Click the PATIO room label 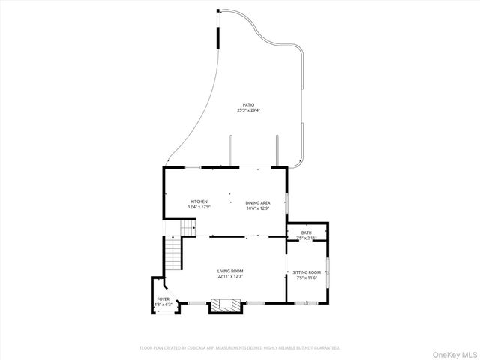click(247, 105)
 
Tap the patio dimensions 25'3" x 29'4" click(247, 110)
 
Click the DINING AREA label click(258, 202)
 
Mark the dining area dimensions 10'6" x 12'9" click(258, 208)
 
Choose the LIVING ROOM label click(230, 271)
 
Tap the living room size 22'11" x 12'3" click(230, 277)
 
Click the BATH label click(307, 233)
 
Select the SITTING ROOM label click(306, 272)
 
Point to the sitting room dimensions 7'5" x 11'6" click(306, 278)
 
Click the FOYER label click(163, 299)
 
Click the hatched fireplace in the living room click(226, 305)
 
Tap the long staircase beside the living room click(173, 254)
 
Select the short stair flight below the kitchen click(185, 226)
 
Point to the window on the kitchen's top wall click(193, 168)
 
